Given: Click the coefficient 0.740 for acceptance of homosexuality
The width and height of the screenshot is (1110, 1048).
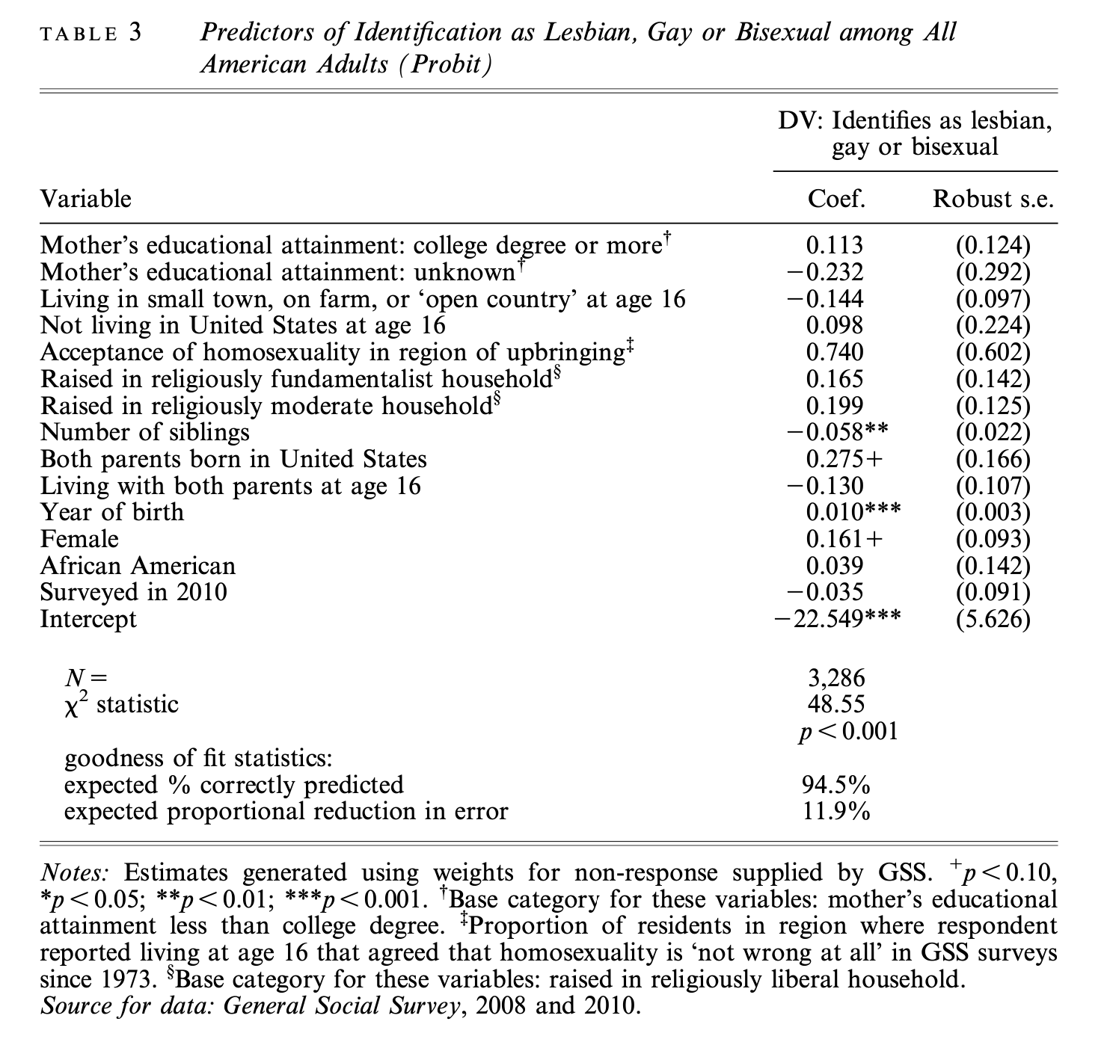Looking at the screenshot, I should (835, 352).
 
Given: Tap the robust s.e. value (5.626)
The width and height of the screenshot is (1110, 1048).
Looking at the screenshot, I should (993, 619).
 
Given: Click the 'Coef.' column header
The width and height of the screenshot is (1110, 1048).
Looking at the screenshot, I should (836, 199).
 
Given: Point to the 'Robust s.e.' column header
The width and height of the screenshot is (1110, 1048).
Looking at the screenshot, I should (993, 199).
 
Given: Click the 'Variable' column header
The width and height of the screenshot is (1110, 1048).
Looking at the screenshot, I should (85, 199).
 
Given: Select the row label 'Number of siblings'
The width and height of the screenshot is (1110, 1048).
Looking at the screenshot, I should (144, 432).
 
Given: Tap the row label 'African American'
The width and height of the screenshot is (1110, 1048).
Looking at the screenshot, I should (138, 566).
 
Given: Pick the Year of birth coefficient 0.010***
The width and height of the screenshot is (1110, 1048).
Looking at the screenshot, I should (853, 512).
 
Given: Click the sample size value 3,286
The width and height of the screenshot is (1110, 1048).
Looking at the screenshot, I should (836, 678).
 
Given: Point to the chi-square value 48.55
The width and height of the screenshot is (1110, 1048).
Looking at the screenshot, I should (836, 704).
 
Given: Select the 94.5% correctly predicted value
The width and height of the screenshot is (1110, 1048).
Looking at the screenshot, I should (836, 785).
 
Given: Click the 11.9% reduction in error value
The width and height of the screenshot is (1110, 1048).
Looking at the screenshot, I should (836, 811).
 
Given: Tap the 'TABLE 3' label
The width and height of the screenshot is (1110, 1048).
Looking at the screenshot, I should (91, 34).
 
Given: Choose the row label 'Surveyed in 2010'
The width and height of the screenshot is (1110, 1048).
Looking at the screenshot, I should (133, 592).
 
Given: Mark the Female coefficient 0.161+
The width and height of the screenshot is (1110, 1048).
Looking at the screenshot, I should (844, 539).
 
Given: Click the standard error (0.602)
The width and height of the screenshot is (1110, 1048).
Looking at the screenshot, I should (993, 352).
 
